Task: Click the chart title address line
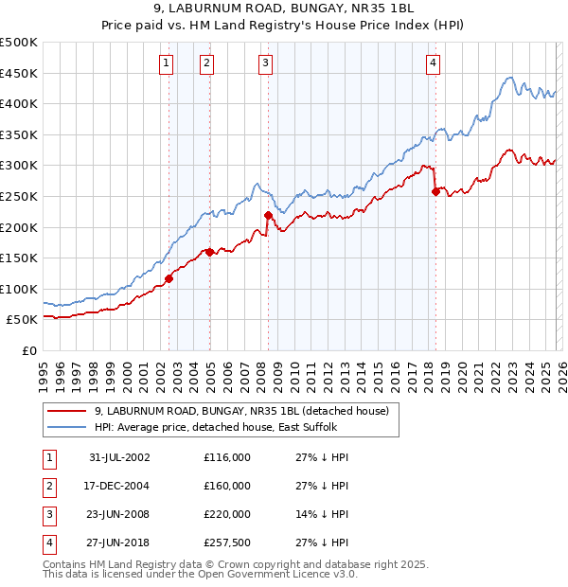click(x=284, y=9)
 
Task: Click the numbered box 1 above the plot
click(x=166, y=63)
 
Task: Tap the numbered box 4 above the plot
click(x=432, y=63)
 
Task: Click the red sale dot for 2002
click(x=169, y=278)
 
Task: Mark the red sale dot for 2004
click(x=209, y=252)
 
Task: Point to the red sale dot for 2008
click(x=268, y=215)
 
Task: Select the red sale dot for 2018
click(x=435, y=191)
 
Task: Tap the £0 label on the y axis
click(x=29, y=350)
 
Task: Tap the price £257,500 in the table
click(x=227, y=543)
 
